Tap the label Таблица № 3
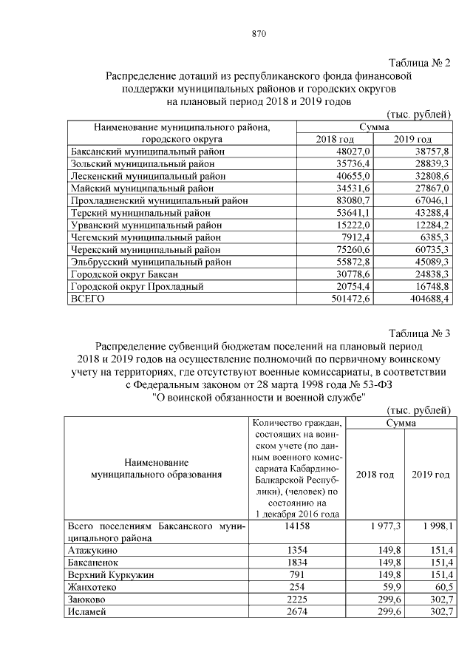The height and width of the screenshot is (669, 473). click(419, 332)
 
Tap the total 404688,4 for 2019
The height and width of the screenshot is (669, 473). click(423, 298)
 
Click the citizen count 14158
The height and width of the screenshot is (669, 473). click(296, 526)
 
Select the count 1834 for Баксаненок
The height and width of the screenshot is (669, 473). click(296, 563)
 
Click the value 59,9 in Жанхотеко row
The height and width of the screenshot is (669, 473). click(375, 587)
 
